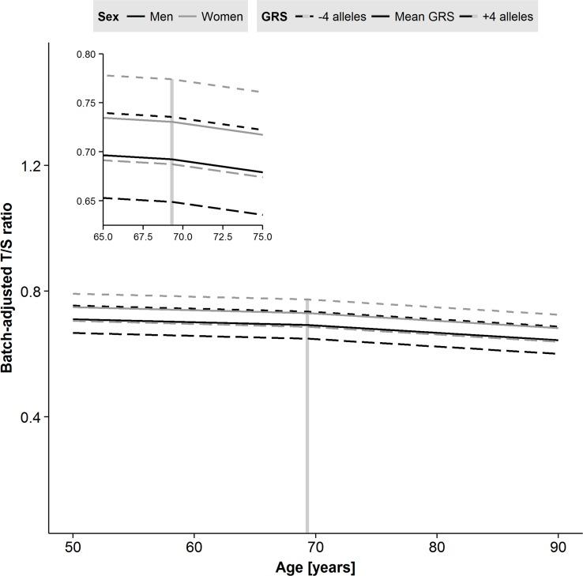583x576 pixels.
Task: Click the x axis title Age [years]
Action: click(x=315, y=567)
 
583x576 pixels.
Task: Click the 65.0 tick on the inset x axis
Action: click(x=103, y=236)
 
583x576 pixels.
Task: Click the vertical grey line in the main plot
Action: click(x=307, y=435)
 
